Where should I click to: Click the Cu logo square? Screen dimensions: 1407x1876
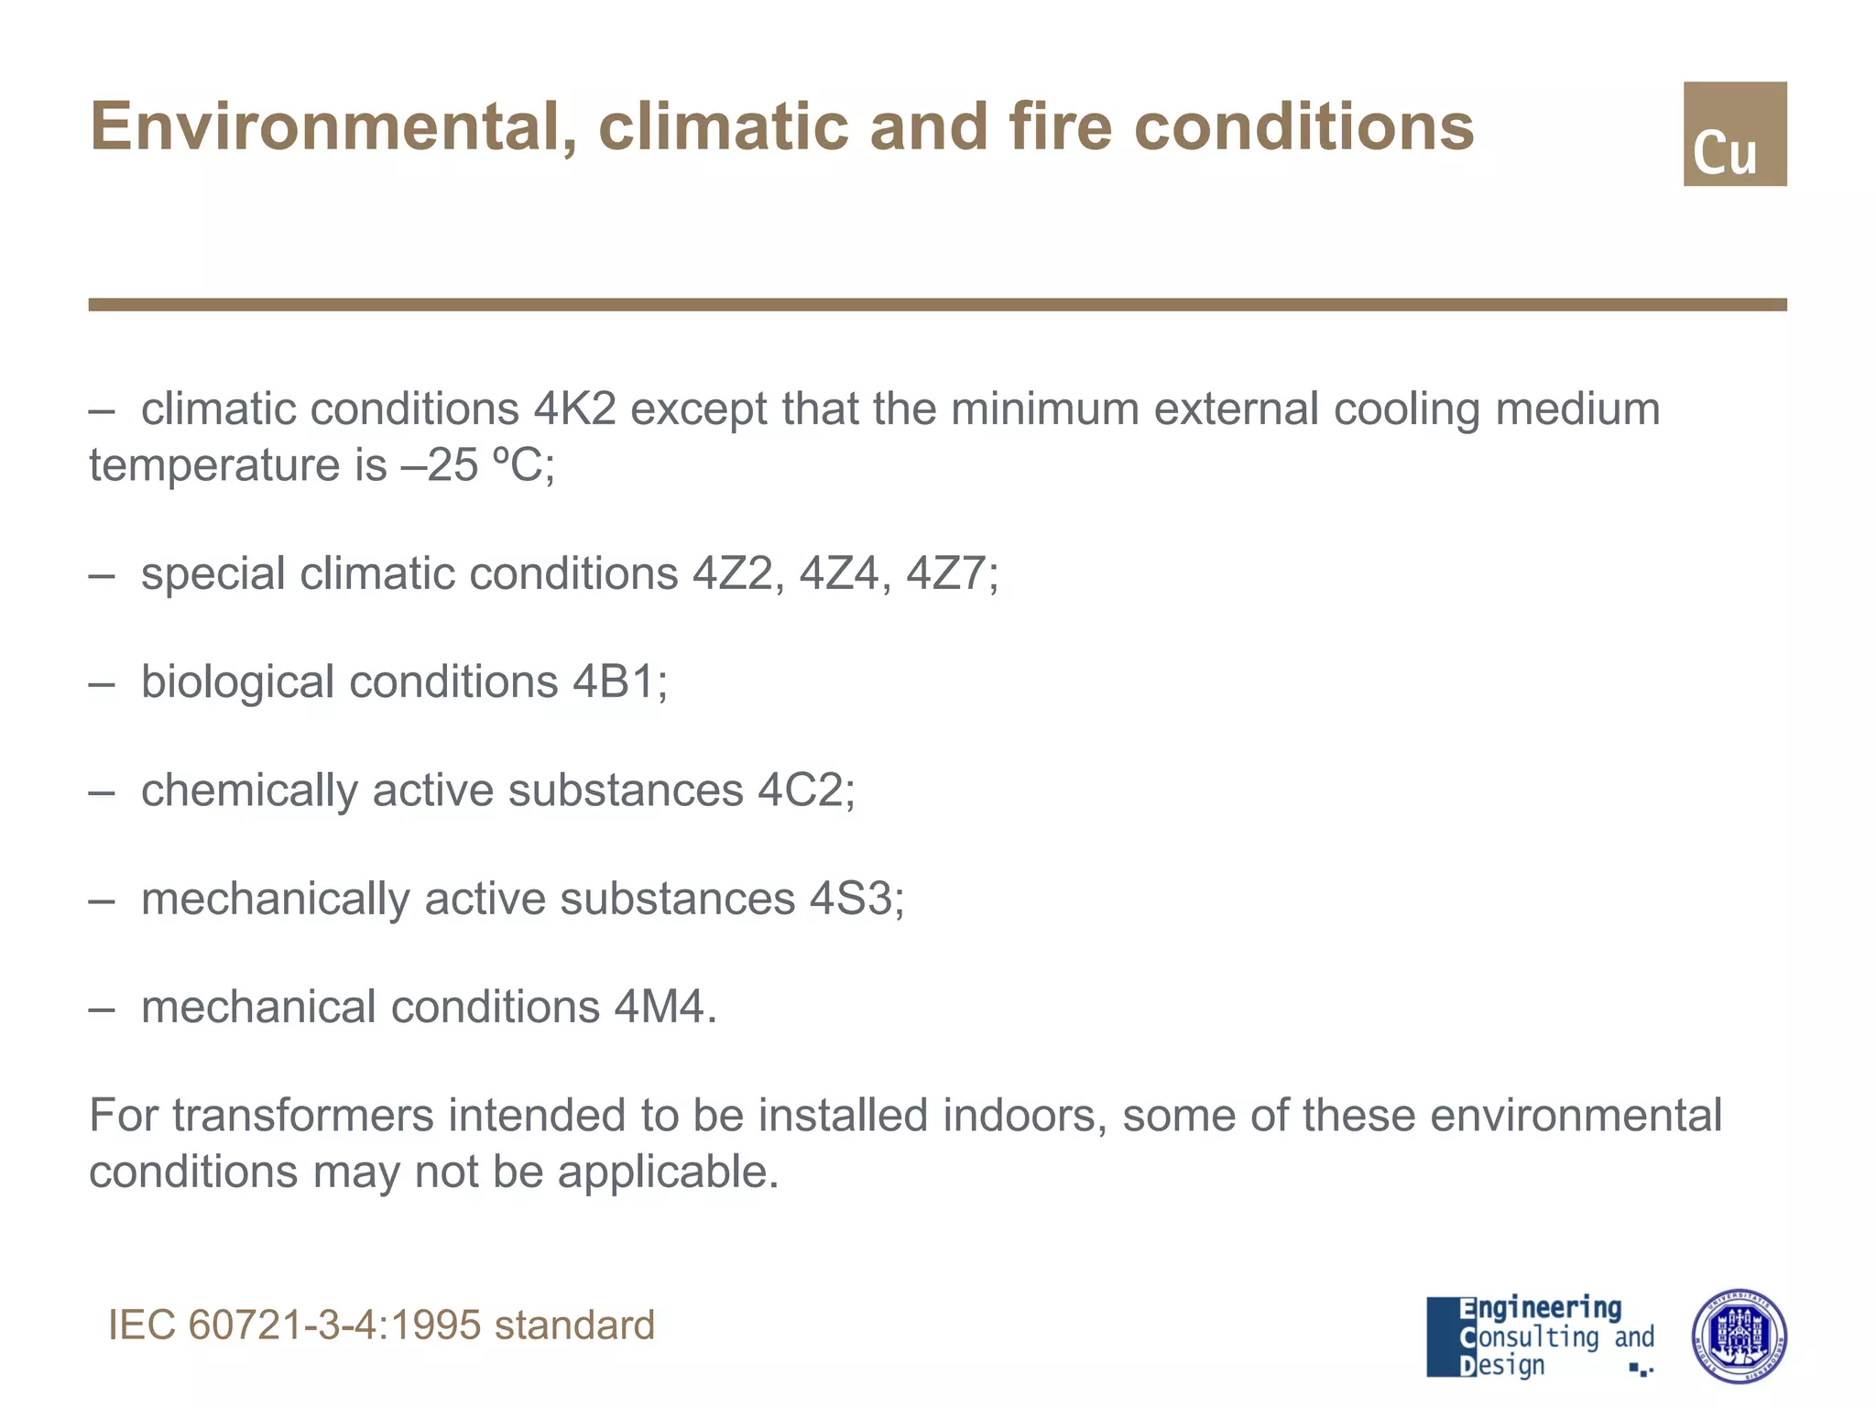(1734, 134)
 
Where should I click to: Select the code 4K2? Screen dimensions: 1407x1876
(574, 409)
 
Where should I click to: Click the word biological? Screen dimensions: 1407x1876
(237, 682)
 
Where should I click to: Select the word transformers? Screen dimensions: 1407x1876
(302, 1116)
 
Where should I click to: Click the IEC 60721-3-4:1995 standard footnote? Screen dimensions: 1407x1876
(381, 1325)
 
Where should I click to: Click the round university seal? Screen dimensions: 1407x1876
(1738, 1336)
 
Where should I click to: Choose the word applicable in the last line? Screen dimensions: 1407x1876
(667, 1172)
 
